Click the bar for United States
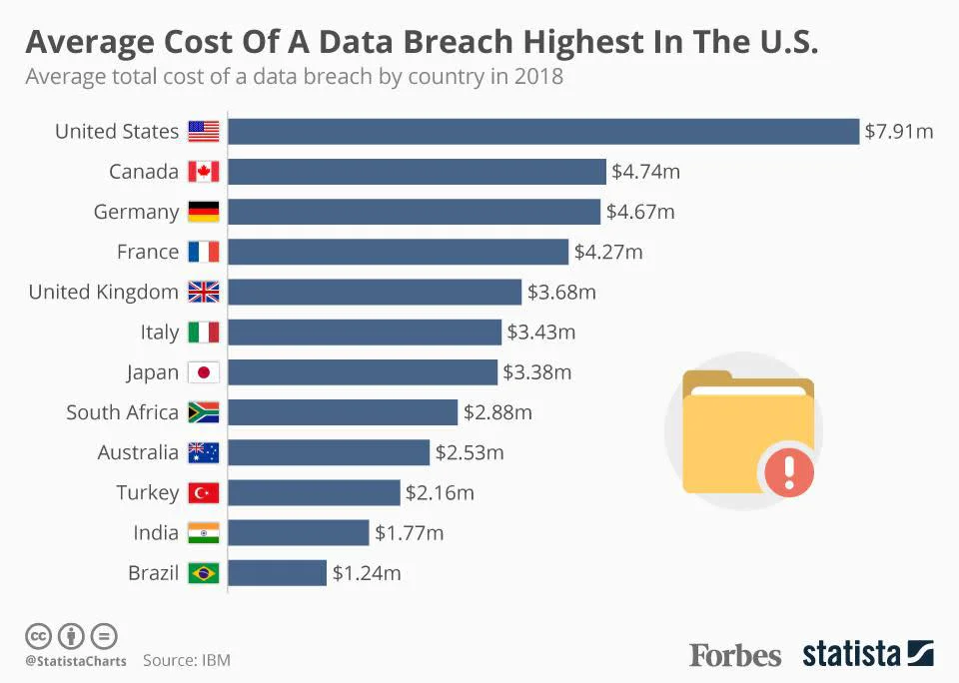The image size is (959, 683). pyautogui.click(x=544, y=132)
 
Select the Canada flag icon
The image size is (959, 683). pyautogui.click(x=203, y=172)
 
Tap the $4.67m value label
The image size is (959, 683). pyautogui.click(x=640, y=212)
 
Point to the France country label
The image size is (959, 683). pyautogui.click(x=148, y=252)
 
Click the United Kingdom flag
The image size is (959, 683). pyautogui.click(x=203, y=292)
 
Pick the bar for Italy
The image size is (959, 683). pyautogui.click(x=366, y=333)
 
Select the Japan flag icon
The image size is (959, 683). pyautogui.click(x=203, y=372)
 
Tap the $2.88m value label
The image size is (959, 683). pyautogui.click(x=497, y=412)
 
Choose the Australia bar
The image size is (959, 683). pyautogui.click(x=330, y=452)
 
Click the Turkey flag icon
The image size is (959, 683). pyautogui.click(x=203, y=492)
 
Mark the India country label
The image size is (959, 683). pyautogui.click(x=156, y=532)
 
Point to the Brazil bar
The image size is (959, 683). pyautogui.click(x=279, y=573)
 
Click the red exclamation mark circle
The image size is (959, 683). pyautogui.click(x=786, y=468)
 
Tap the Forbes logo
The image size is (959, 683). pyautogui.click(x=735, y=655)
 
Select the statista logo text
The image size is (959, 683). pyautogui.click(x=851, y=655)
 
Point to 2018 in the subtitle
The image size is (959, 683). pyautogui.click(x=539, y=77)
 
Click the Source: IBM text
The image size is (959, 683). pyautogui.click(x=187, y=660)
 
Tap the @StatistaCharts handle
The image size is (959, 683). pyautogui.click(x=76, y=661)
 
